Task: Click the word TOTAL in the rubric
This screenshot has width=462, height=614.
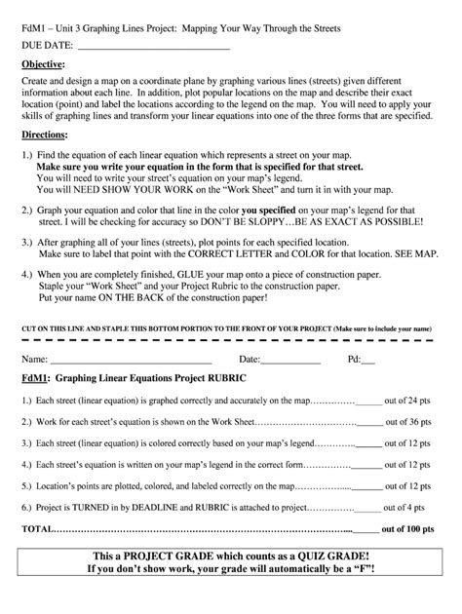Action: tap(38, 529)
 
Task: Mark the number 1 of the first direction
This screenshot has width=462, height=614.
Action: tap(26, 156)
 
